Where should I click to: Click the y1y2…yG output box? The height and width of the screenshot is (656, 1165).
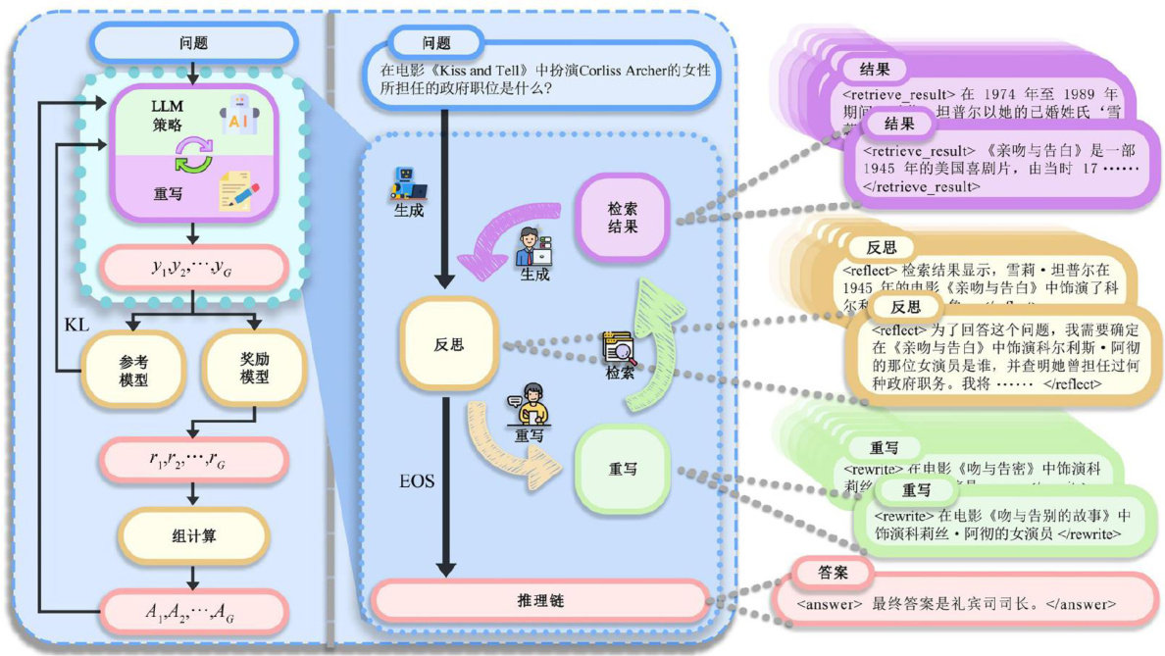(193, 266)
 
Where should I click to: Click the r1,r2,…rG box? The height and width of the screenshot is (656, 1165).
(193, 459)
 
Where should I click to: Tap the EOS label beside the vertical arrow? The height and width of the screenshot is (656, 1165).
(417, 481)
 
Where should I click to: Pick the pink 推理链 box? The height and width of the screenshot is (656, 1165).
(539, 599)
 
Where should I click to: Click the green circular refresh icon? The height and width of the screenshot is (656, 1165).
(193, 154)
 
